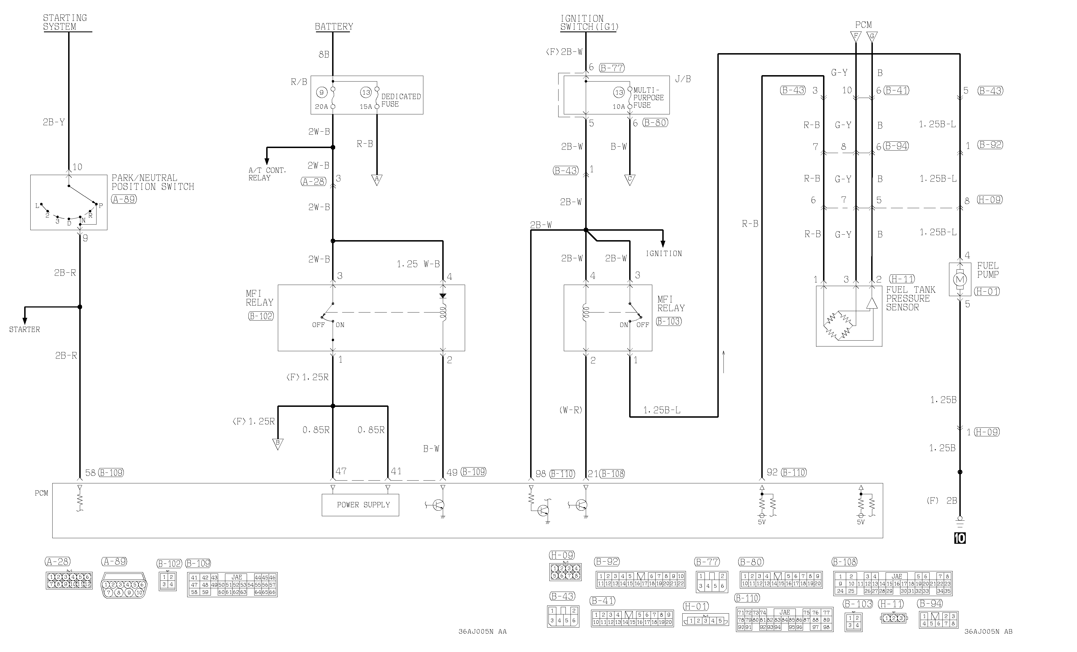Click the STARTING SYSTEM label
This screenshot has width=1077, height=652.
click(65, 22)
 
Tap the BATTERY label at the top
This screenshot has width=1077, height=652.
click(334, 27)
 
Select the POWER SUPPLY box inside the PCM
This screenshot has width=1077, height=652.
click(360, 505)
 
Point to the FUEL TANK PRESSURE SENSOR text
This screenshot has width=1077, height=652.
click(910, 299)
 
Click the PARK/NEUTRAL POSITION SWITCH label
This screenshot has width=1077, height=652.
click(152, 182)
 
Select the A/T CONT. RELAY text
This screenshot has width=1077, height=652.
click(267, 174)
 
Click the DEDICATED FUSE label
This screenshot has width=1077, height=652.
click(401, 100)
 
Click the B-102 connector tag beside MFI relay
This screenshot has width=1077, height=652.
click(261, 316)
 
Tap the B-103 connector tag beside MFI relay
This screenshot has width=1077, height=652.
click(669, 321)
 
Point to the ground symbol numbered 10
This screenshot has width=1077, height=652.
click(960, 538)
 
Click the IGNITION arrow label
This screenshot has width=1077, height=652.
click(663, 254)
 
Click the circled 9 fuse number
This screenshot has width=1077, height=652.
click(322, 93)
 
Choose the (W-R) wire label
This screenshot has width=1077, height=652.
click(571, 410)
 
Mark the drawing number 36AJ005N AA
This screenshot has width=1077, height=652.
click(483, 631)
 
